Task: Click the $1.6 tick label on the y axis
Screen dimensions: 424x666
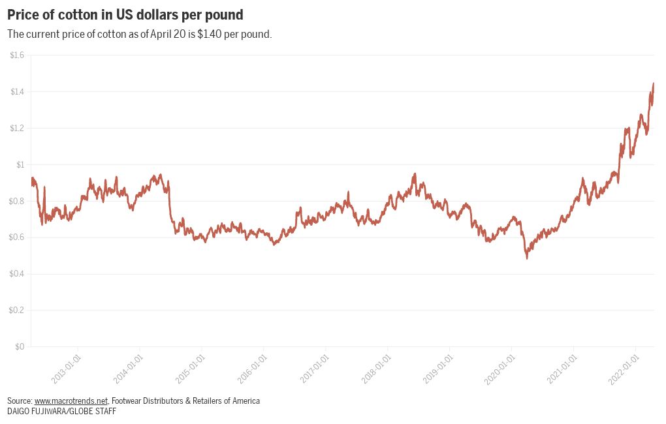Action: [x=17, y=55]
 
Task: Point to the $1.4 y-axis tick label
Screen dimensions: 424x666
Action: [x=17, y=91]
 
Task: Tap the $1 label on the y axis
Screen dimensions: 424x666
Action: [x=20, y=164]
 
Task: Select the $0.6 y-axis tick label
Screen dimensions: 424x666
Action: [x=17, y=237]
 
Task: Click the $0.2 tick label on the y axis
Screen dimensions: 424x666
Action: [x=17, y=310]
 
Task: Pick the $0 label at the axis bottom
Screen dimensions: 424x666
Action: [x=20, y=346]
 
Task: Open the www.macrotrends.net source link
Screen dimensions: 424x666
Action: [x=71, y=401]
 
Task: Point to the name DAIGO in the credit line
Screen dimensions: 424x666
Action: [x=19, y=412]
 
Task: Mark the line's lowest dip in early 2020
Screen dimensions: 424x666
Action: [x=527, y=258]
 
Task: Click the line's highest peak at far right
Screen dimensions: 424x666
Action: [x=654, y=83]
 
